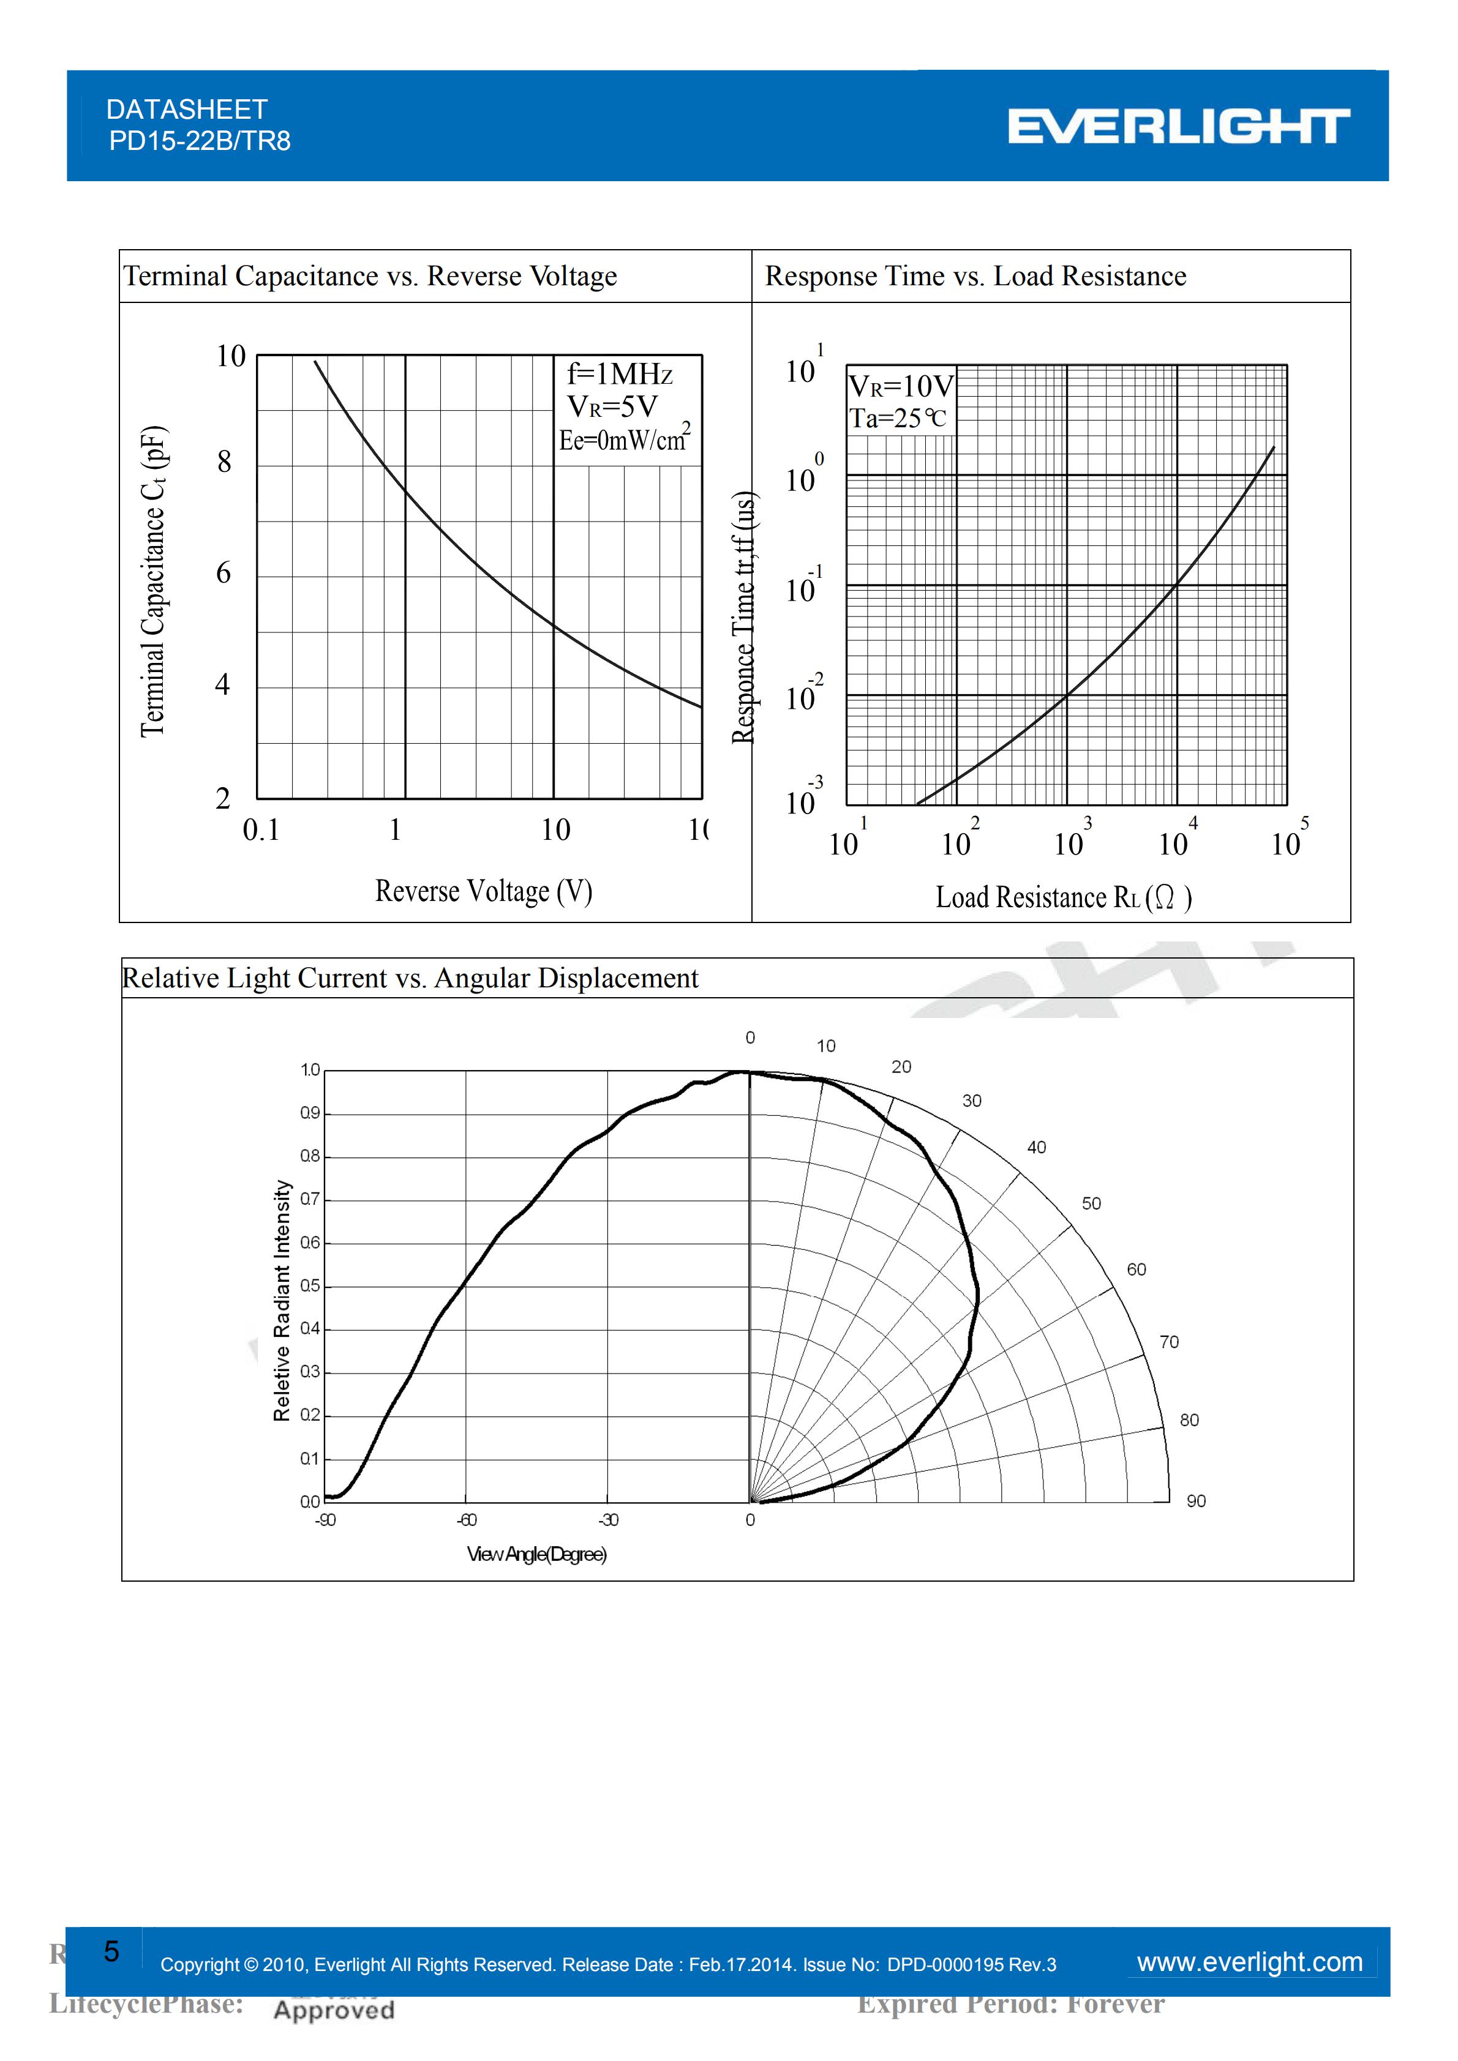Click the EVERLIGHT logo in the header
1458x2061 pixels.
pyautogui.click(x=1178, y=127)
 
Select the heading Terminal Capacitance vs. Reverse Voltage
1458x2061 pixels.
pyautogui.click(x=370, y=277)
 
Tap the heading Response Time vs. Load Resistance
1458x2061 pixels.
pyautogui.click(x=975, y=277)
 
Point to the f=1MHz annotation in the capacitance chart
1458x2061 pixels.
pyautogui.click(x=620, y=373)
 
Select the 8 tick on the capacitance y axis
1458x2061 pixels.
pyautogui.click(x=224, y=462)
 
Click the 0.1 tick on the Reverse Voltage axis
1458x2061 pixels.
pyautogui.click(x=261, y=830)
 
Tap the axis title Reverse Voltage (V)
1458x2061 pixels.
pyautogui.click(x=483, y=891)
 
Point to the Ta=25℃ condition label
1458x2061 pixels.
pyautogui.click(x=897, y=418)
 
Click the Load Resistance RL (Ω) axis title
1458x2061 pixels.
pyautogui.click(x=1063, y=897)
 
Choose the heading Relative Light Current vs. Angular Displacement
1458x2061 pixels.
pyautogui.click(x=410, y=978)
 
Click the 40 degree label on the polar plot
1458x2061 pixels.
pyautogui.click(x=1036, y=1147)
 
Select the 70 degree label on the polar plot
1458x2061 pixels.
pyautogui.click(x=1169, y=1342)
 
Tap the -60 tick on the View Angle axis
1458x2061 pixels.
pyautogui.click(x=466, y=1520)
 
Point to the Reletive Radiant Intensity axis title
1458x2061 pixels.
pyautogui.click(x=282, y=1301)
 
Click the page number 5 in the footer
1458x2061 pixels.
pyautogui.click(x=111, y=1951)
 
